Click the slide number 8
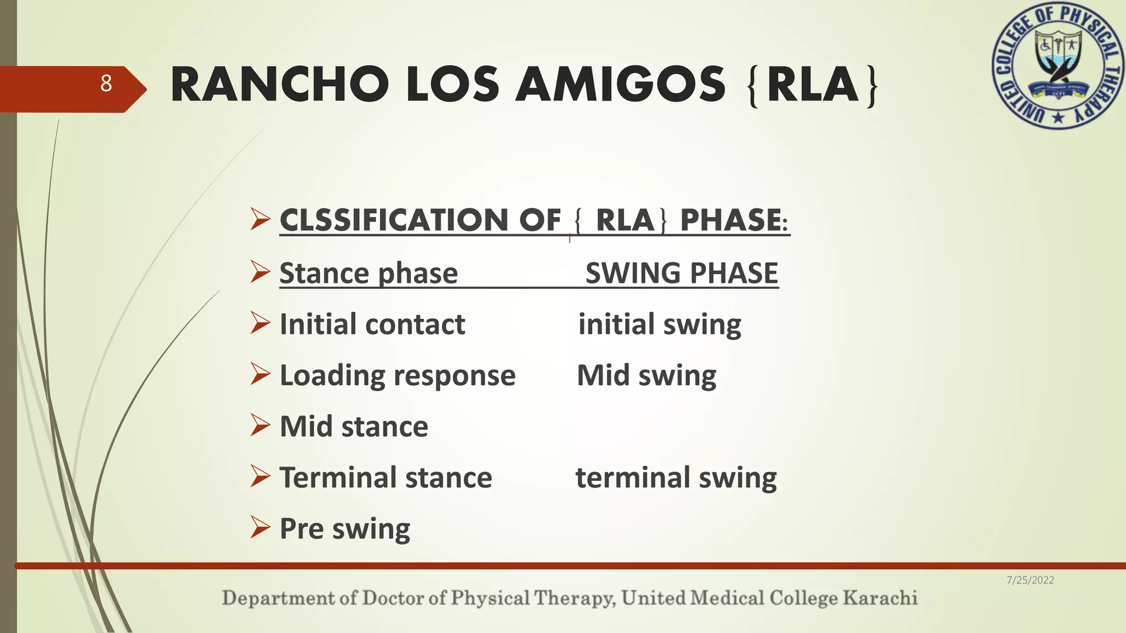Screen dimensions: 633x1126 coord(106,84)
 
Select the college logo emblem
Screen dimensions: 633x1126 coord(1058,66)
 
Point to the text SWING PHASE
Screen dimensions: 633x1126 coord(682,273)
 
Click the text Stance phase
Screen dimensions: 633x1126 coord(368,273)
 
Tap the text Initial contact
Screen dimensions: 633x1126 coord(372,324)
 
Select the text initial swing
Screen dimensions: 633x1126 coord(659,324)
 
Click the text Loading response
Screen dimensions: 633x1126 coord(398,375)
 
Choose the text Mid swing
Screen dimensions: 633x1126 coord(647,375)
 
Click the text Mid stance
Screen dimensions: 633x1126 coord(354,426)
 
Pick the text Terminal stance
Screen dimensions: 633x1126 coord(385,477)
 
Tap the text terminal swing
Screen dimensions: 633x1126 coord(676,477)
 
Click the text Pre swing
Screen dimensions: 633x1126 coord(345,529)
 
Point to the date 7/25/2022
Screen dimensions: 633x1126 coord(1030,580)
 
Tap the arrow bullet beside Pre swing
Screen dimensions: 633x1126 coord(260,527)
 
